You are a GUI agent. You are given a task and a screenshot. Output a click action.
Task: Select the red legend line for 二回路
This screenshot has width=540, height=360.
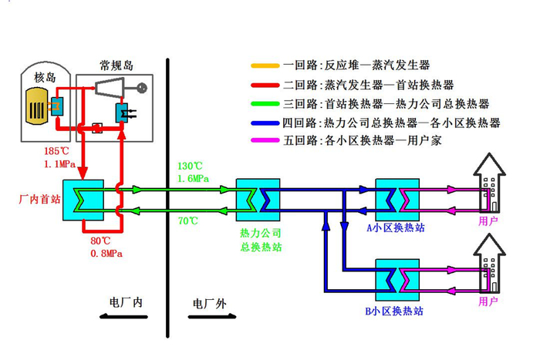pyautogui.click(x=265, y=85)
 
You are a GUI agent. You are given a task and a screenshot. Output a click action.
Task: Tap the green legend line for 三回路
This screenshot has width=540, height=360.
pyautogui.click(x=265, y=103)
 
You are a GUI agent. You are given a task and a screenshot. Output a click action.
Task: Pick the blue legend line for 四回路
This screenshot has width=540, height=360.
pyautogui.click(x=265, y=123)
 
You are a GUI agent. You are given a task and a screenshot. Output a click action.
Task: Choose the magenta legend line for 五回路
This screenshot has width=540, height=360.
pyautogui.click(x=265, y=141)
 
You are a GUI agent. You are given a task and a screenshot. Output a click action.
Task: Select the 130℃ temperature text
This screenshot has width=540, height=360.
pyautogui.click(x=189, y=166)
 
